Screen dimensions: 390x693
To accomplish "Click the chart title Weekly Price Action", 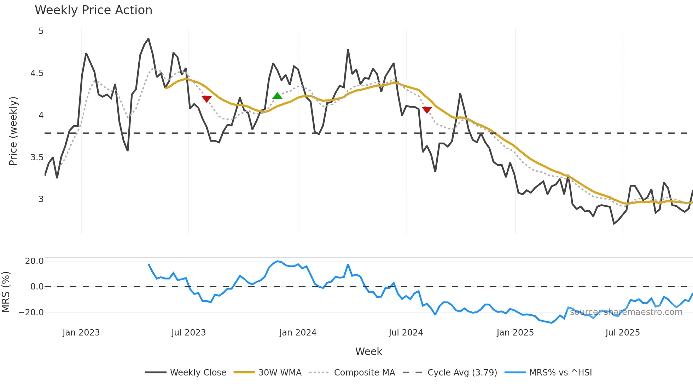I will coord(93,10).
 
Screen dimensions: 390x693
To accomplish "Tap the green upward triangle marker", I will coord(277,96).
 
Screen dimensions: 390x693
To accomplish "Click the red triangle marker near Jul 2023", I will coord(206,99).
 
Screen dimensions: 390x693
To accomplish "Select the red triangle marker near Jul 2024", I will coord(427,110).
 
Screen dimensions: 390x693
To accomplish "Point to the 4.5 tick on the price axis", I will coord(37,73).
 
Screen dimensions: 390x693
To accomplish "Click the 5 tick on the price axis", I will coord(41,31).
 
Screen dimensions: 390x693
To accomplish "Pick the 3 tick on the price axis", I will coord(41,199).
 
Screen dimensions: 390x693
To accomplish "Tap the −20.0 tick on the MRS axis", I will coord(31,312).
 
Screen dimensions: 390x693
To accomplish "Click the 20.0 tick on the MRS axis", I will coord(34,261).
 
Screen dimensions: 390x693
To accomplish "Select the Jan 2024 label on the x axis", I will coord(298,333).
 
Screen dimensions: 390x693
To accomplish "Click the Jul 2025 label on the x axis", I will coord(622,333).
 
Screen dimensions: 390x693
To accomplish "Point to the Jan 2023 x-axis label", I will coord(81,333).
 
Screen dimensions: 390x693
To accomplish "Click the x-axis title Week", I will coord(368,351).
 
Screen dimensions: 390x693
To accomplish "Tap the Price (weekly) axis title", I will coord(13,131).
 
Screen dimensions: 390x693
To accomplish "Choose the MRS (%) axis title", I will coord(6,292).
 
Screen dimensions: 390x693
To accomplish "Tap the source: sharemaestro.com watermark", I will coord(626,312).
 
